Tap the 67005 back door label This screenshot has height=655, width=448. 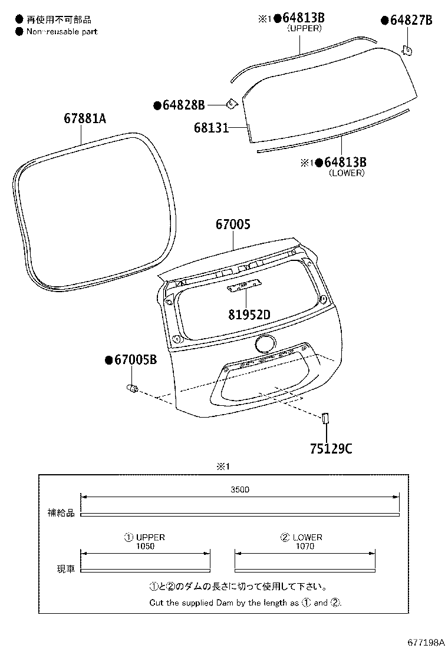(x=233, y=224)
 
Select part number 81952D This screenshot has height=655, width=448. (x=249, y=315)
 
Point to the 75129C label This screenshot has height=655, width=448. (x=331, y=449)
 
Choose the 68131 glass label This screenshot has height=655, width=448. (x=211, y=127)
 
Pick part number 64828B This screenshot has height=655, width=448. (x=183, y=105)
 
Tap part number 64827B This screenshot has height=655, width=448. (x=410, y=21)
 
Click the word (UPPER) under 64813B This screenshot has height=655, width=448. (x=304, y=28)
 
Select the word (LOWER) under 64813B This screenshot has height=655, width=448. (x=347, y=173)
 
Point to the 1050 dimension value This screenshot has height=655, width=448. (x=144, y=546)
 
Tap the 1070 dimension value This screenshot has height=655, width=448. (x=305, y=546)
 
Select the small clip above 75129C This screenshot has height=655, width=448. (x=324, y=418)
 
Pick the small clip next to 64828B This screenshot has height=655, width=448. (x=231, y=104)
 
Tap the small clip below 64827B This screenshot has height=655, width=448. (x=406, y=51)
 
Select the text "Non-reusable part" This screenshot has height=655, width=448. (x=62, y=31)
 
